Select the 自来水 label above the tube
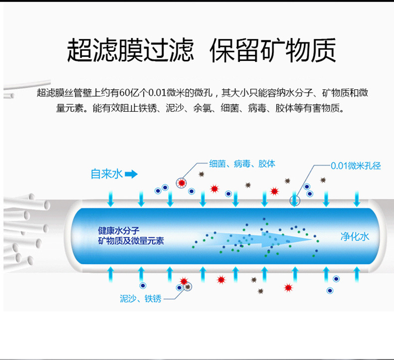106,175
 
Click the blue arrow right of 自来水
131,175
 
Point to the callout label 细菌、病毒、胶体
242,164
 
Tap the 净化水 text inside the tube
355,236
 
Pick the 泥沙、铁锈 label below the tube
141,299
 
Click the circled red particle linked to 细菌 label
182,182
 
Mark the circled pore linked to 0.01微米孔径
295,200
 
